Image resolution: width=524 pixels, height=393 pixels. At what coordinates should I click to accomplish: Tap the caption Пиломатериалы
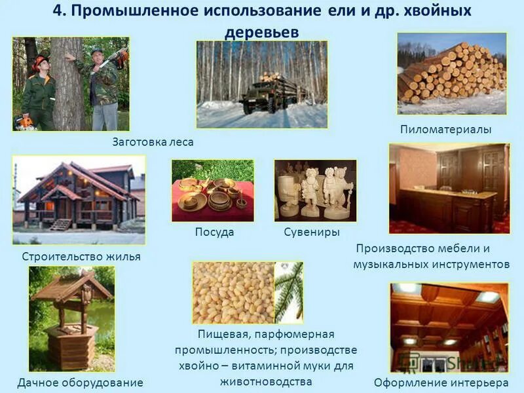(x=445, y=130)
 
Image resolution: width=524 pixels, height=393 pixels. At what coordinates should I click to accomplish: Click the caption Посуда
(x=214, y=232)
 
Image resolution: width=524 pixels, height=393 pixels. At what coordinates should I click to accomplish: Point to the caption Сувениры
(x=312, y=232)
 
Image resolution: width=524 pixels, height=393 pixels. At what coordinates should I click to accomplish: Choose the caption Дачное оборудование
(x=80, y=382)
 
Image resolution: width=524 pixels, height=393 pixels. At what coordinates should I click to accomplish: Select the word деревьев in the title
(x=261, y=32)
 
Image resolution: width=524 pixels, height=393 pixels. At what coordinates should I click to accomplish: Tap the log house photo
(x=78, y=200)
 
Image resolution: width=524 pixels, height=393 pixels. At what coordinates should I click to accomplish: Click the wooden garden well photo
(x=71, y=318)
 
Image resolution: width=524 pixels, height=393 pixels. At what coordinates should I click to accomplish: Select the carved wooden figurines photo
(x=315, y=190)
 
